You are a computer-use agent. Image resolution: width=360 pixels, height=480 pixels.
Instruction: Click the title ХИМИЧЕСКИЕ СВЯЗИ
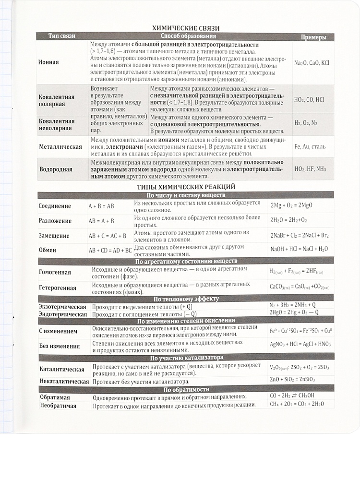(x=185, y=28)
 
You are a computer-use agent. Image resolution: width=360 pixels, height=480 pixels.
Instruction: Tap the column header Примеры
(x=313, y=37)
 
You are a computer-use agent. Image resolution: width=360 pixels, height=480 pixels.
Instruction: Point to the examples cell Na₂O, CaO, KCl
(x=312, y=63)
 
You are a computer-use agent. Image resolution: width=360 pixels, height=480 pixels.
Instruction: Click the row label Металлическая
(x=60, y=146)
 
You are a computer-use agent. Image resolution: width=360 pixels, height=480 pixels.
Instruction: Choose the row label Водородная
(x=56, y=169)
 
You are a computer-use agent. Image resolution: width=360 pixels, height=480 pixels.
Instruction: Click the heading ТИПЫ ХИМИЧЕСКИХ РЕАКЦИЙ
(x=185, y=186)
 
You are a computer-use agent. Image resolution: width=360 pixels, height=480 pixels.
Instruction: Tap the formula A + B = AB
(x=101, y=206)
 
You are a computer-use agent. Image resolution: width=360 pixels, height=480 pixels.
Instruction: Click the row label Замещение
(x=54, y=236)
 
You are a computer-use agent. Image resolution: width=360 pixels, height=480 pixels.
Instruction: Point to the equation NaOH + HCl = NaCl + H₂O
(x=299, y=250)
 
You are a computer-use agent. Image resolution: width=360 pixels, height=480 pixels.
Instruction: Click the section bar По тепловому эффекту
(x=186, y=299)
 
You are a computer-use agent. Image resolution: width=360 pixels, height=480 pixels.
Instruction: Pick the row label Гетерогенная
(x=58, y=288)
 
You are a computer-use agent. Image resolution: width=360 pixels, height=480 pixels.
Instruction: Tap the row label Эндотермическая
(x=63, y=314)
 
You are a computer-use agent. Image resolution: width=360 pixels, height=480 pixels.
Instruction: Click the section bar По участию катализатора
(x=186, y=358)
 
